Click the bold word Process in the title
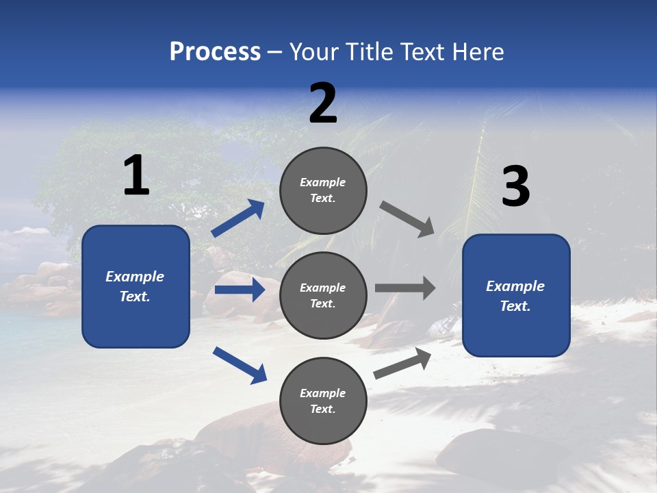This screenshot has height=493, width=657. (x=215, y=52)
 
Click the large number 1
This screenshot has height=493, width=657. (x=136, y=176)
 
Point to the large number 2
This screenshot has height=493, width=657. (x=323, y=103)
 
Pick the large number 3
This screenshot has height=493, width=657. (x=515, y=187)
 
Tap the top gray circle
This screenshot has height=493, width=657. (x=323, y=190)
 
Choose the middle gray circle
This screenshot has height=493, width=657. (x=323, y=295)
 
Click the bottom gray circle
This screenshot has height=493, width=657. (x=323, y=401)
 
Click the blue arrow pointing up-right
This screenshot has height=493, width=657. (x=238, y=218)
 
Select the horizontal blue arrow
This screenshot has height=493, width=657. (x=240, y=290)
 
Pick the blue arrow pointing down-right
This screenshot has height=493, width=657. (x=240, y=365)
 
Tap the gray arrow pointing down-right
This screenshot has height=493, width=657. (x=407, y=219)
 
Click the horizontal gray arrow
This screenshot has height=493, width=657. (x=405, y=288)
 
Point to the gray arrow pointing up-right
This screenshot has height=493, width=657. (x=402, y=363)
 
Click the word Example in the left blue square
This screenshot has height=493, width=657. (x=135, y=277)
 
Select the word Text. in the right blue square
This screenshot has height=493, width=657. (x=515, y=306)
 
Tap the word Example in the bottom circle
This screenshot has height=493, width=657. (x=323, y=393)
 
